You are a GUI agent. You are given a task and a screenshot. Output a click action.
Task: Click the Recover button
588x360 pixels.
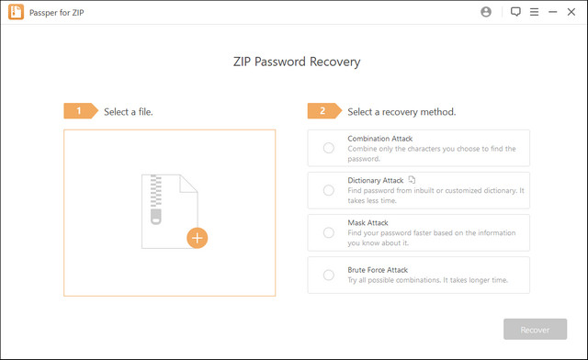pos(535,330)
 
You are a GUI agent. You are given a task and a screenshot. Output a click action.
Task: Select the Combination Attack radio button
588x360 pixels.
pos(328,147)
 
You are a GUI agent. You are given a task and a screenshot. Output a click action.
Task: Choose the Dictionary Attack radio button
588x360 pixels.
pos(328,190)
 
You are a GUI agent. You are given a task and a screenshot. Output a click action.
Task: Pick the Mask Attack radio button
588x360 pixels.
pos(328,232)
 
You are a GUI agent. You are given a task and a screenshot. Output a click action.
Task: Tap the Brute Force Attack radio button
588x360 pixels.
pos(328,275)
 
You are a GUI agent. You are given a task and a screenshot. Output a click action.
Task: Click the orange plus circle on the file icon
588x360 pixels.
pos(198,238)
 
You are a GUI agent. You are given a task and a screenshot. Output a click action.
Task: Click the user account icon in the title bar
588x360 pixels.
pos(485,12)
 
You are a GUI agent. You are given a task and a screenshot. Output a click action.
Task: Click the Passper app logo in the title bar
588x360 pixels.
pos(15,12)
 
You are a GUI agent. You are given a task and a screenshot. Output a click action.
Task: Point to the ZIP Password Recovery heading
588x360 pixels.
pos(294,62)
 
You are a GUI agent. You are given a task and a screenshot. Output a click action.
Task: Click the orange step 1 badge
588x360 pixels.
pos(80,111)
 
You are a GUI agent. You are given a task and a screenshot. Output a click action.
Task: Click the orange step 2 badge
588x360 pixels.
pos(323,111)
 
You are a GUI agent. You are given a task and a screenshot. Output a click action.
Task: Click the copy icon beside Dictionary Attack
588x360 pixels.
pos(413,180)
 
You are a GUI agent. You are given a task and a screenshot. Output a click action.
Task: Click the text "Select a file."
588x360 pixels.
pos(129,112)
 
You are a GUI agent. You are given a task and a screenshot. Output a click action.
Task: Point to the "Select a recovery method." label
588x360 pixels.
pos(401,112)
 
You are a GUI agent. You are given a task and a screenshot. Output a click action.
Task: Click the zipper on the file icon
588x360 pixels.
pos(156,198)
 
